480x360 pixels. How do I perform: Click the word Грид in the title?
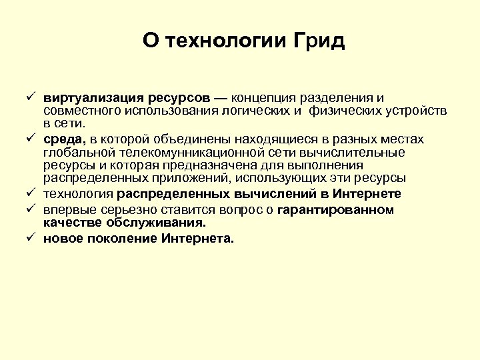pyautogui.click(x=319, y=41)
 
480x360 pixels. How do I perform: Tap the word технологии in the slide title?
pyautogui.click(x=226, y=41)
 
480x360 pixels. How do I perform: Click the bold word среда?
pyautogui.click(x=64, y=139)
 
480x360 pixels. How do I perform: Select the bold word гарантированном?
pyautogui.click(x=335, y=210)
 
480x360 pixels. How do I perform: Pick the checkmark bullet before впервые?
pyautogui.click(x=31, y=210)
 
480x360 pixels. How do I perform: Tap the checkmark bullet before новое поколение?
pyautogui.click(x=31, y=239)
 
